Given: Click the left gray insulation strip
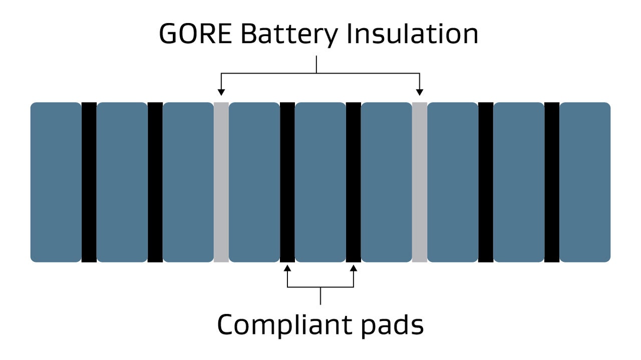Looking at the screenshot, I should pos(221,182).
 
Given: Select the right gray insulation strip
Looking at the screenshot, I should pos(420,182).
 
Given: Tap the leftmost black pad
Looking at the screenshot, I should pos(89,182).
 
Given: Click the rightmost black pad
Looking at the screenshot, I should pos(552,182).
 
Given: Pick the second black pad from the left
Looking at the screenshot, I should pos(155,182).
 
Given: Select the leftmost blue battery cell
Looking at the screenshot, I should pos(56,182).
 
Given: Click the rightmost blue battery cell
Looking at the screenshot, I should pos(585,182).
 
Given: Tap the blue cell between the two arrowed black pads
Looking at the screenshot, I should pos(320,182).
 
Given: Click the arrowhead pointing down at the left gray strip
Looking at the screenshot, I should pos(221,92).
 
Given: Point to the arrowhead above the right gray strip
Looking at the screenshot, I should pos(420,92).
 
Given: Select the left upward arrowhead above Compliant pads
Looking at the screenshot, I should pos(287,268).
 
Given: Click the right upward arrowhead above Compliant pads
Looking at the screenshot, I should pos(354,268).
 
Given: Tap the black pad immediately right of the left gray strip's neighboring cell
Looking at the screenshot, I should pos(287,182).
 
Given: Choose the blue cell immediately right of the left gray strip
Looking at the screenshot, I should pos(254,182).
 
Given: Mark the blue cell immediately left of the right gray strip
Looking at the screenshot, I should pos(387,182).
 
